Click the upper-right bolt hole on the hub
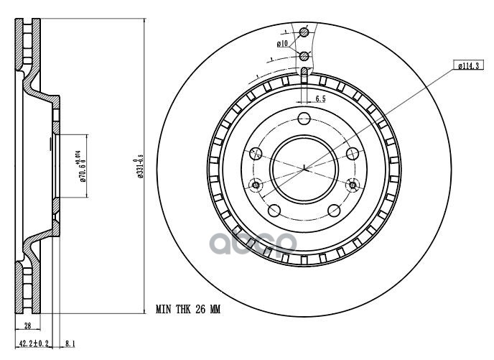click(352, 153)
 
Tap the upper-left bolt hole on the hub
click(255, 153)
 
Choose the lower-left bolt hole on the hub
click(274, 210)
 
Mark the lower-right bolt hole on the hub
click(333, 210)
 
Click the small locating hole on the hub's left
click(256, 187)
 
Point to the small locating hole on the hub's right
click(351, 186)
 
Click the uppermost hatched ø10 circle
click(304, 32)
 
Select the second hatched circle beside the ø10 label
click(304, 56)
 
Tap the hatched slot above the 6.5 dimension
click(304, 73)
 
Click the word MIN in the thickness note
click(164, 310)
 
